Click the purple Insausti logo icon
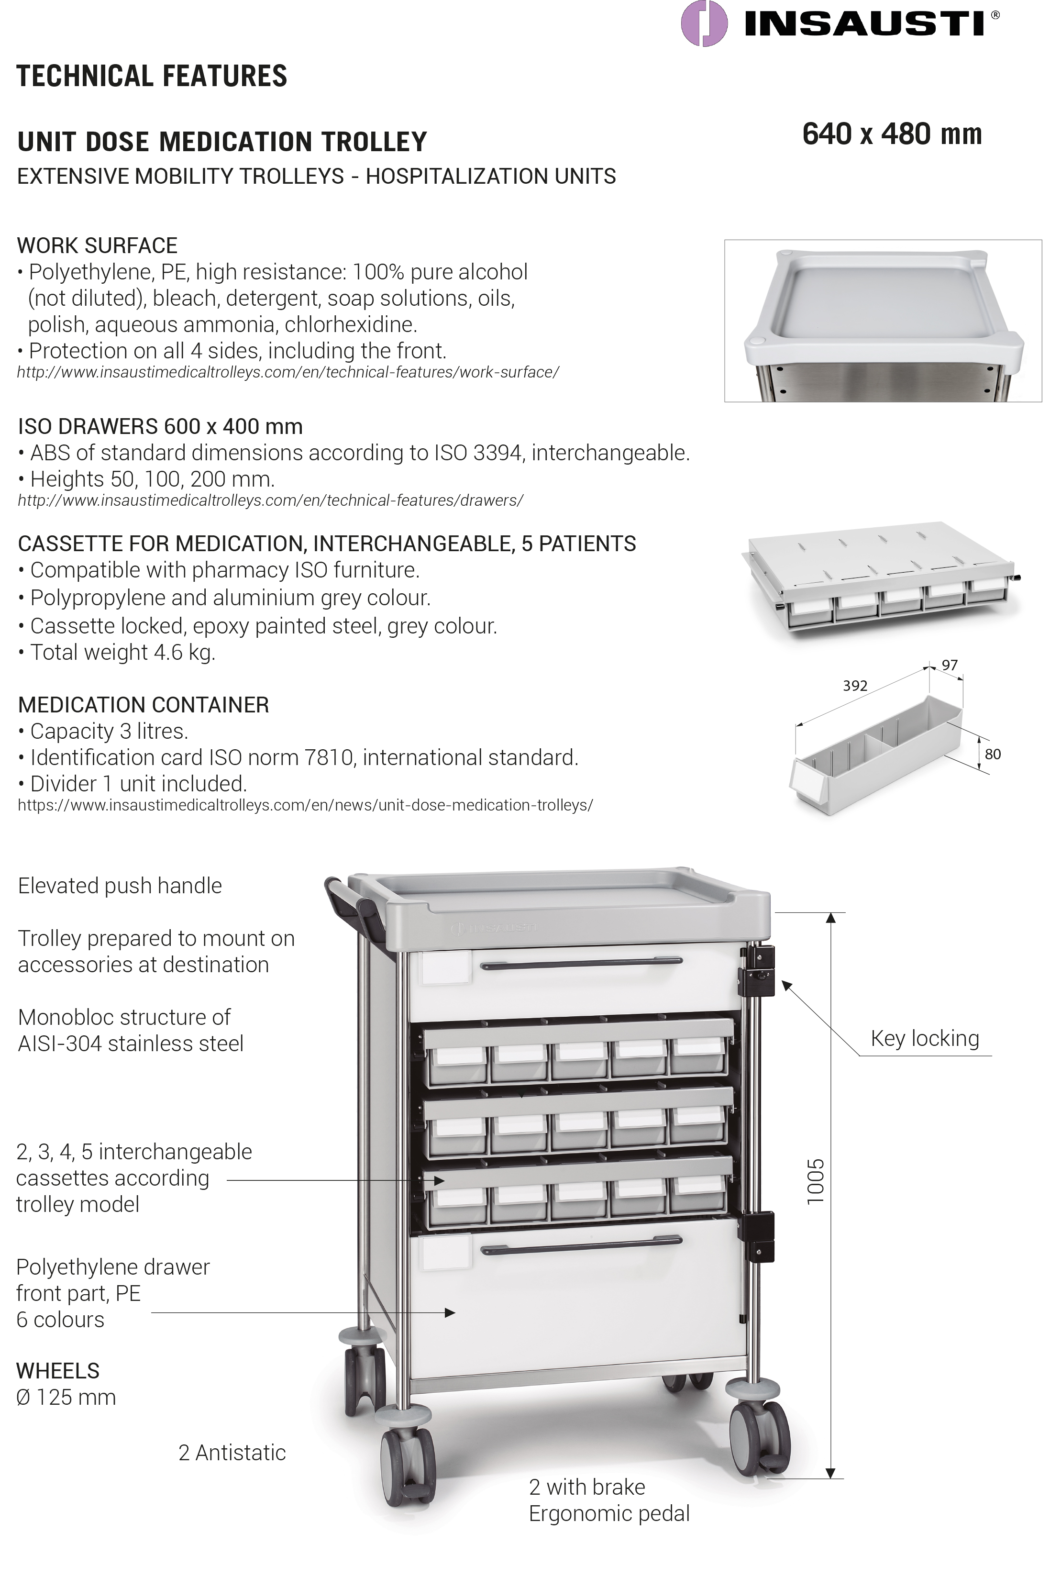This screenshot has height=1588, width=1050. point(704,23)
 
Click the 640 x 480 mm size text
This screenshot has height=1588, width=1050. point(892,134)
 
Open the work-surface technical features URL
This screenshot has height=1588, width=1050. point(288,372)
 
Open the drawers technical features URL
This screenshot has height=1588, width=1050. point(271,500)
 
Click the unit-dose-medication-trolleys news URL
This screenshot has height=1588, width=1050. point(305,805)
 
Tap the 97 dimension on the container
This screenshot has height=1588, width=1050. point(950,665)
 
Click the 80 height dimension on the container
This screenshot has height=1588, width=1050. point(993,754)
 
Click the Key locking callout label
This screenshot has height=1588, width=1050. point(924,1038)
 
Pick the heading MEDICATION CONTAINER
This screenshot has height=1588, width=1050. point(144,705)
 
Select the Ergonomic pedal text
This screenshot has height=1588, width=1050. point(608,1514)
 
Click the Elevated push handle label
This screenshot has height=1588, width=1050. point(120,886)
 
